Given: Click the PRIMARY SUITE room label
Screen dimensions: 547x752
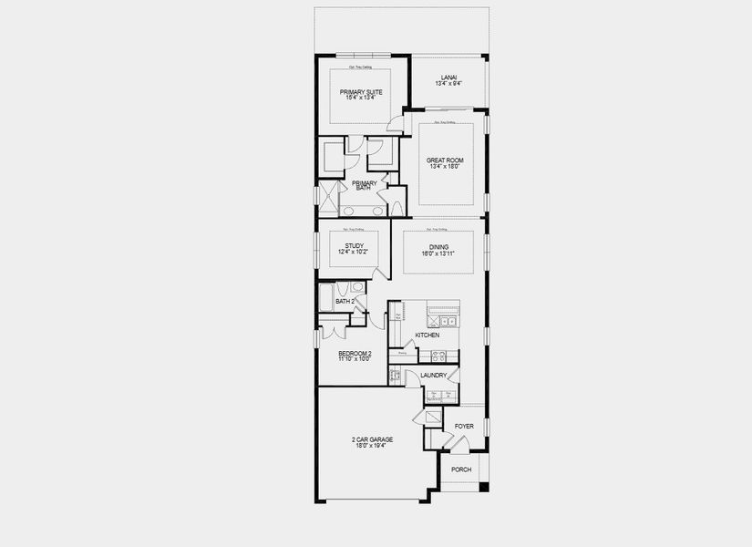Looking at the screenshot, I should point(362,92).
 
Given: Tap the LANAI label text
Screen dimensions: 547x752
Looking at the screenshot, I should point(447,77).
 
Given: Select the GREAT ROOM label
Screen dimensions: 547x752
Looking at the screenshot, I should point(446,160).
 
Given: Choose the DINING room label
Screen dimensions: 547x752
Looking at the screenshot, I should point(439,245).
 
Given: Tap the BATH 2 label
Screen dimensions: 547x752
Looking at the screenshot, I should point(344,301).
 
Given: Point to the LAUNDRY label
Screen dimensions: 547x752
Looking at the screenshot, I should point(433,375).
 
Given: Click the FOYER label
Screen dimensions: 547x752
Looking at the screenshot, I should point(464,426).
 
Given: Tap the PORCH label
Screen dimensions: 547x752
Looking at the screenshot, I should point(461,470).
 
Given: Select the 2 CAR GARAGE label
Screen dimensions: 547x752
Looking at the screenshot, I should point(372,439).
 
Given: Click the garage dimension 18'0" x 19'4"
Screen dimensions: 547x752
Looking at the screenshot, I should point(372,447).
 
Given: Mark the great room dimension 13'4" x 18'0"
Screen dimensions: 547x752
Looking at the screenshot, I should point(446,167).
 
